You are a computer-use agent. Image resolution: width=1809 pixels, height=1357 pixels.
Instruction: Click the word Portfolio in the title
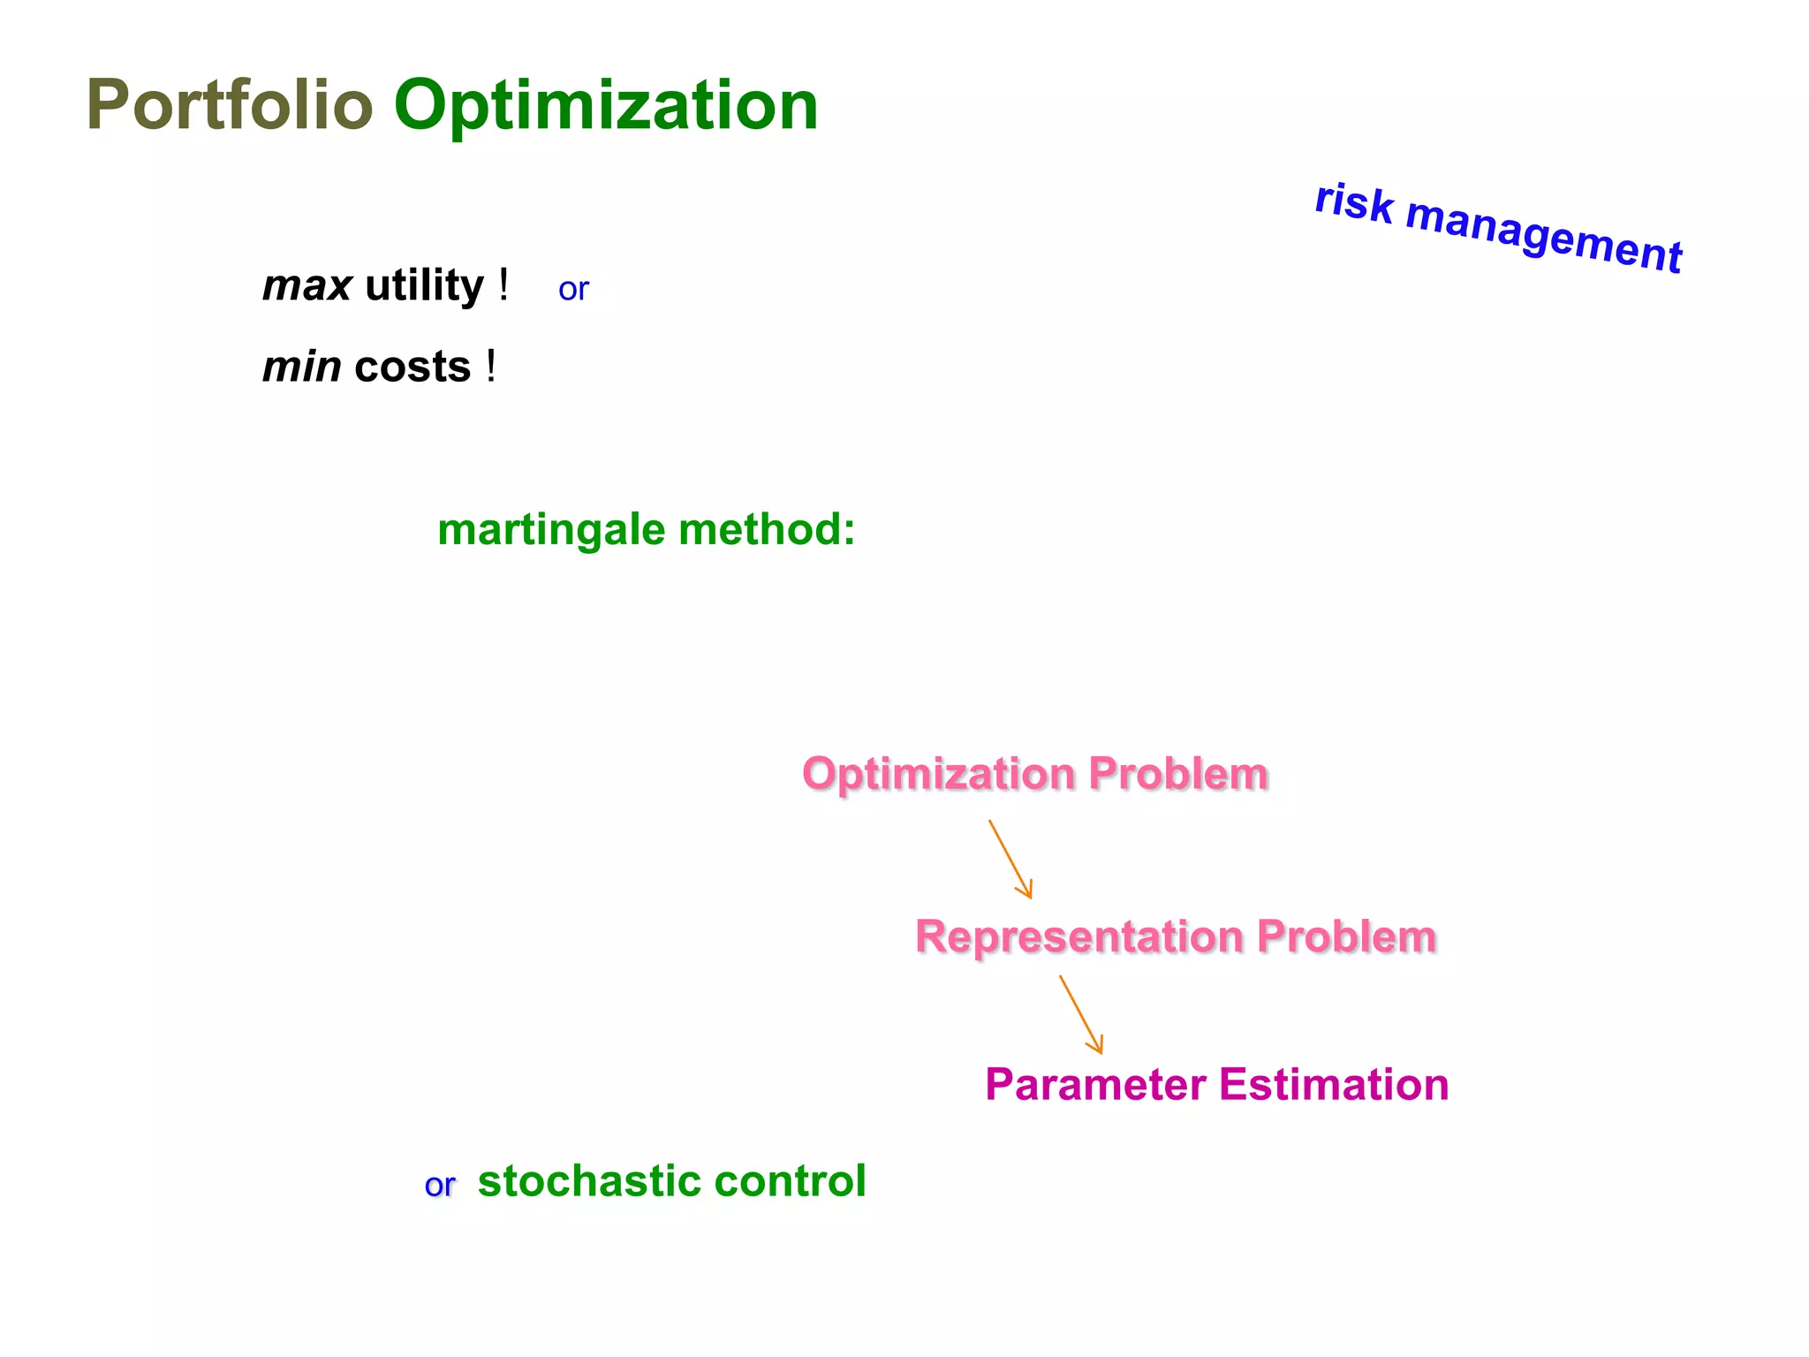coord(230,105)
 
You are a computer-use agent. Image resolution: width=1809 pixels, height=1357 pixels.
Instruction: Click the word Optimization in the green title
coord(606,105)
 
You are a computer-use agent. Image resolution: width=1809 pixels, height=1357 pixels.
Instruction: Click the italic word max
coord(307,286)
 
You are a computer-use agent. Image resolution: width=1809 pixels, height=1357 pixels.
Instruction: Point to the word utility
coord(424,286)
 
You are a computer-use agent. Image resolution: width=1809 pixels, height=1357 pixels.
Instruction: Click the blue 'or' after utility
coord(573,290)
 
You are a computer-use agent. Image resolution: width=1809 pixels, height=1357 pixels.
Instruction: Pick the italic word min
coord(301,368)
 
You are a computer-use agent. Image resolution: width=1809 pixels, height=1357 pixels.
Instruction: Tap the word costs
coord(413,368)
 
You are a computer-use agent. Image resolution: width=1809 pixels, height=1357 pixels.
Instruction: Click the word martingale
coord(551,530)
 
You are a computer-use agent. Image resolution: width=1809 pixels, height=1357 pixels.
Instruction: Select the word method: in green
coord(767,530)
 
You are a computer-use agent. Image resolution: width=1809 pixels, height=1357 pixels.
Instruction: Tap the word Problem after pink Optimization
coord(1178,774)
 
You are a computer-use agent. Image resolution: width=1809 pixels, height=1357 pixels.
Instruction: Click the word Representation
coord(1078,936)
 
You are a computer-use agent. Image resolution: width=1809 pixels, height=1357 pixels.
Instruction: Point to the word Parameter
coord(1095,1085)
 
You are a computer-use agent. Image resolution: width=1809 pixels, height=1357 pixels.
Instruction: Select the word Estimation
coord(1334,1085)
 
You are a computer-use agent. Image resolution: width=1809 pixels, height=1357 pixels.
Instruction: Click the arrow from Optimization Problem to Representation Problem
coord(1010,859)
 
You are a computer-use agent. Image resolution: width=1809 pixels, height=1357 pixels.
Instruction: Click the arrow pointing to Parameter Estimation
coord(1081,1014)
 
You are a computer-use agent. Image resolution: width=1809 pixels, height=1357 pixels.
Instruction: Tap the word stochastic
coord(588,1181)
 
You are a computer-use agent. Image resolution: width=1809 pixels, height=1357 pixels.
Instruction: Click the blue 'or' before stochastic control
coord(439,1186)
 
